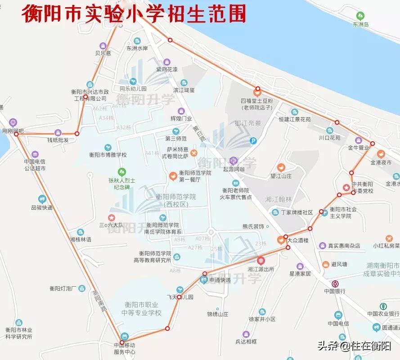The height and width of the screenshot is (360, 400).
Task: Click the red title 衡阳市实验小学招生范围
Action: tap(134, 13)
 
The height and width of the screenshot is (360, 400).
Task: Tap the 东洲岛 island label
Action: tap(360, 24)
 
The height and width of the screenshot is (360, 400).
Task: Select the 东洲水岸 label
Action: tap(137, 48)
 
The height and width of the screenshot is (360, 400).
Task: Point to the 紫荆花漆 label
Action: tap(166, 69)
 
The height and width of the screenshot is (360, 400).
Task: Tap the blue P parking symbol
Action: tap(253, 141)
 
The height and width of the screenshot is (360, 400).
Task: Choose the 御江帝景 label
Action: tap(247, 123)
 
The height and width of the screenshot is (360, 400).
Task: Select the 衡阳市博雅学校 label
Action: tap(108, 155)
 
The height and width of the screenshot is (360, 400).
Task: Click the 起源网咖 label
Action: tap(234, 169)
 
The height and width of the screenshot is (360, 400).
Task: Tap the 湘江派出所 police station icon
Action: tap(261, 261)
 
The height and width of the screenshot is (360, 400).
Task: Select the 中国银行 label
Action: tap(335, 291)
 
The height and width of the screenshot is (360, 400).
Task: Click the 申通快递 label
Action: tap(220, 280)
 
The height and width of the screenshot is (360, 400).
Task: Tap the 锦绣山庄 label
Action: tap(217, 314)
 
